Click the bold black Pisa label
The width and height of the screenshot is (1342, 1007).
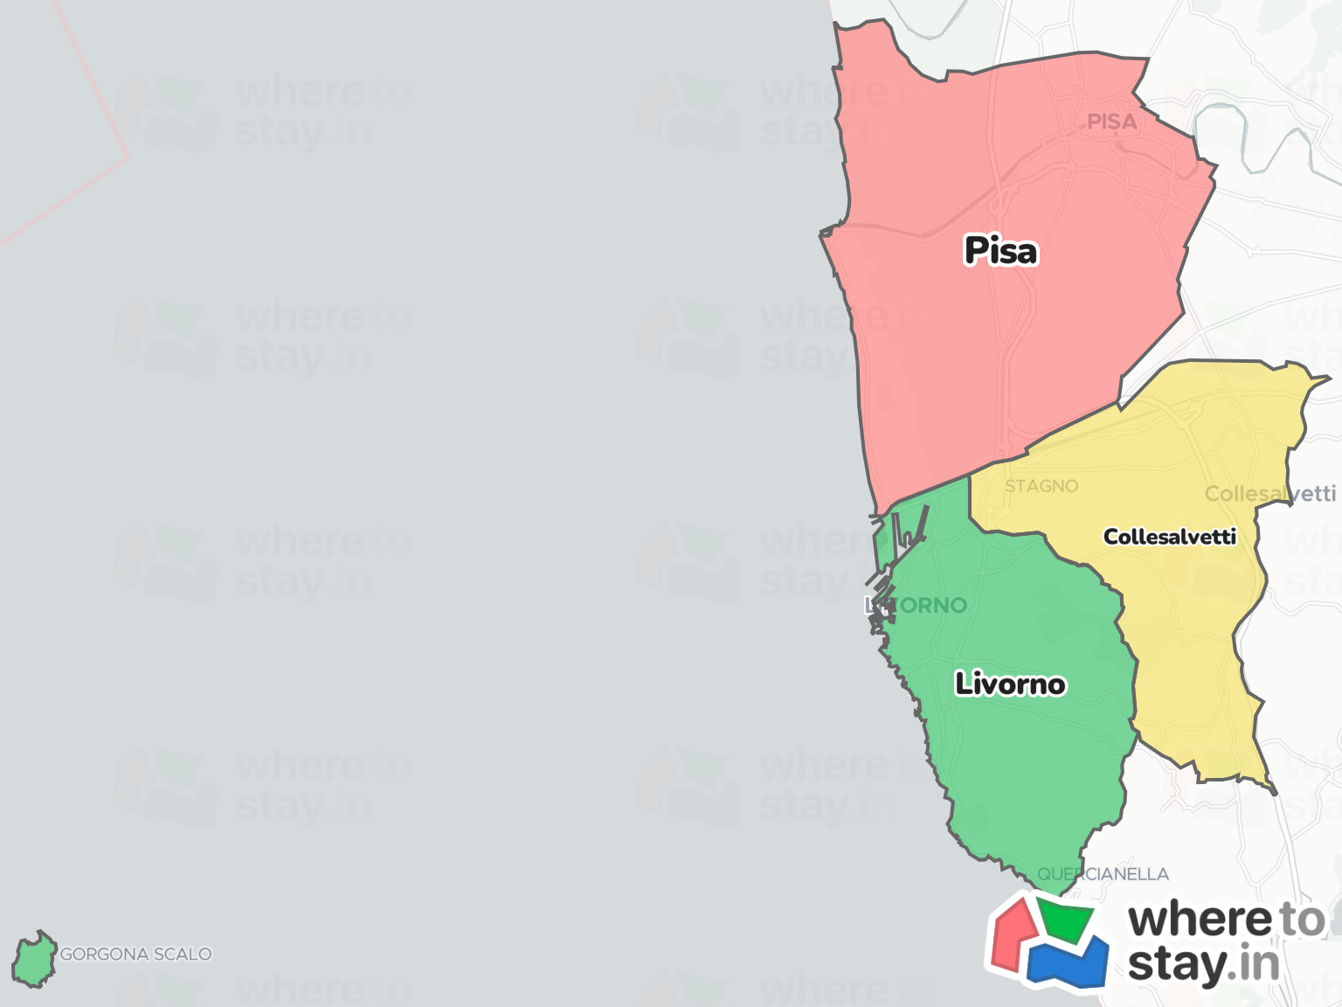coord(1000,251)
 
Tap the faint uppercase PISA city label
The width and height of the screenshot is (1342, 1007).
coord(1111,122)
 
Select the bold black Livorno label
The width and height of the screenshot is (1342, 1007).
coord(1010,684)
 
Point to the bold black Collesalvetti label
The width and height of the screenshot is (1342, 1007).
coord(1169,537)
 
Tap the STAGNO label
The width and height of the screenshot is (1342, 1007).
coord(1041,486)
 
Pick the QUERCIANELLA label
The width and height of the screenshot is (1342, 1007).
coord(1103,874)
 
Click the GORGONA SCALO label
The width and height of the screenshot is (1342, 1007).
coord(135,954)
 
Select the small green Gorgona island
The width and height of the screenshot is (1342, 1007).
coord(33,960)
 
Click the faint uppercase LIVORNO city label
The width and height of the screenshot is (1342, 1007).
coord(917,605)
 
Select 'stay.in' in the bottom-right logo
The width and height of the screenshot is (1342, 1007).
coord(1203,965)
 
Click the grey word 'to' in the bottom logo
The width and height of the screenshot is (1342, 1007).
coord(1302,920)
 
